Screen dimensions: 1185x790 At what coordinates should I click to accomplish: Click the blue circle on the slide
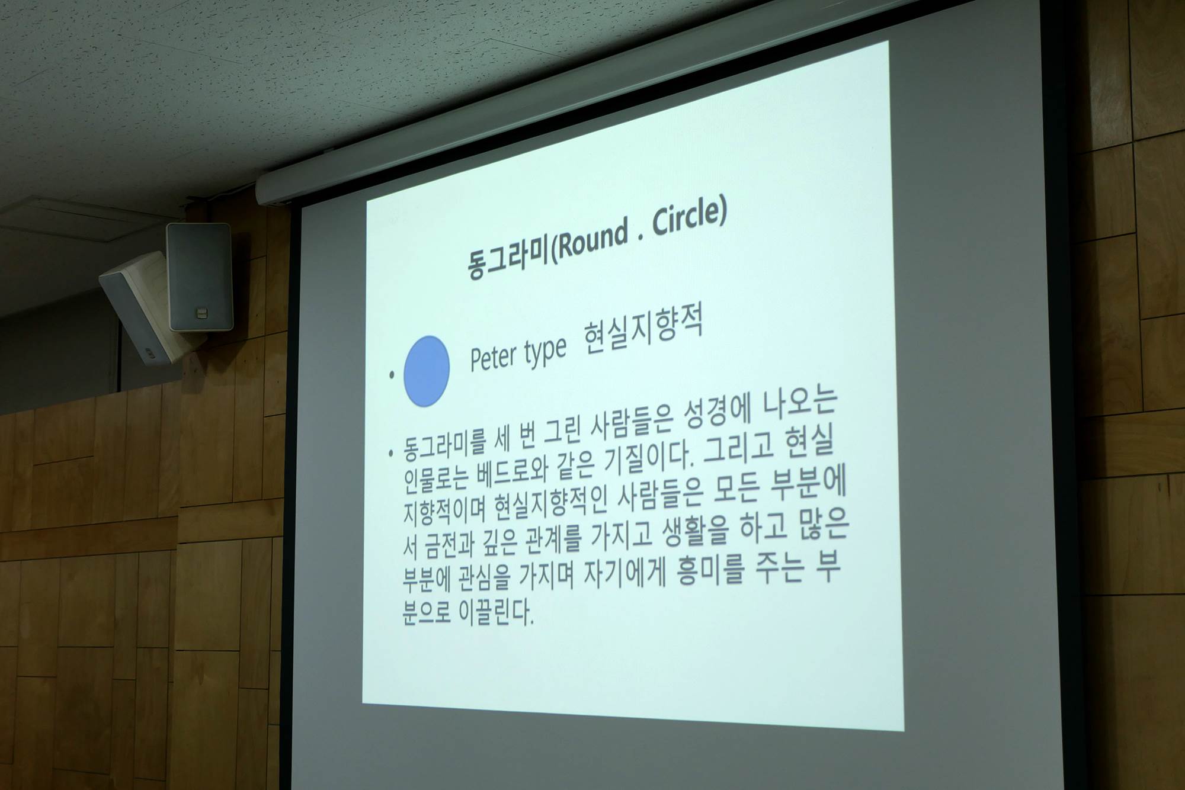coord(426,371)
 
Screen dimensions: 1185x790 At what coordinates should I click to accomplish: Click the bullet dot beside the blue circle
coord(392,375)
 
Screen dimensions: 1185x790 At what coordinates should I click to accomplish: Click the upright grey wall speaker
coord(200,277)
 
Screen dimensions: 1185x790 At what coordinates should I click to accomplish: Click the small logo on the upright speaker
coord(200,312)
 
